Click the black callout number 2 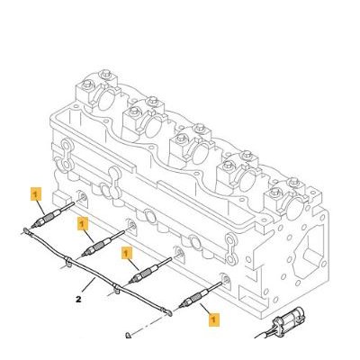click(78, 299)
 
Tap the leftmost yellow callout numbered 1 click(36, 193)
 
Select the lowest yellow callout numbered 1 click(214, 319)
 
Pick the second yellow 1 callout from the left click(83, 224)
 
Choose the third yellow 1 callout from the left click(126, 253)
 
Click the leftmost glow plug click(53, 215)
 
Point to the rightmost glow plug click(200, 294)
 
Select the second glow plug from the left click(103, 243)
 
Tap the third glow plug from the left click(150, 270)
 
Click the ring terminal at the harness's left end click(26, 231)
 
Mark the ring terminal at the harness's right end click(168, 313)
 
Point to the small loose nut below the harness click(129, 335)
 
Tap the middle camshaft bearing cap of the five click(192, 144)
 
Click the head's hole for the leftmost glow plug click(83, 196)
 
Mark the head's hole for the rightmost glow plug click(226, 280)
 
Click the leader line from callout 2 click(88, 285)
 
